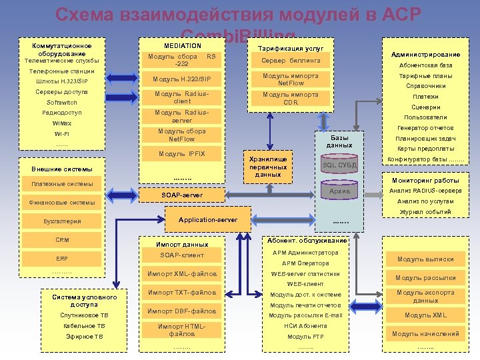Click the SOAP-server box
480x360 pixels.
coord(182,195)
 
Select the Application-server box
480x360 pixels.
coord(207,219)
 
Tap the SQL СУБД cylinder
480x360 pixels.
coord(339,165)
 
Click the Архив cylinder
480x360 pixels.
coord(339,192)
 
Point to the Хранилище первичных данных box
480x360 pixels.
coord(268,167)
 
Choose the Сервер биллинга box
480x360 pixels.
coord(291,61)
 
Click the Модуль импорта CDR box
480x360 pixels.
coord(291,99)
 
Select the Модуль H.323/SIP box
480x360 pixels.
coord(182,79)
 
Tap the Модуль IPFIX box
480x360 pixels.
coord(182,154)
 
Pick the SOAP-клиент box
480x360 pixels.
coord(182,255)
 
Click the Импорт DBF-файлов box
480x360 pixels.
coord(182,311)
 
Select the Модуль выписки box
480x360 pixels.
coord(425,259)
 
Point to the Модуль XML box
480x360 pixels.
coord(425,315)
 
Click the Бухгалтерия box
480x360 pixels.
coord(61,221)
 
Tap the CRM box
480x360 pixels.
coord(61,240)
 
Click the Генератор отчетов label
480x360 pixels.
coord(425,128)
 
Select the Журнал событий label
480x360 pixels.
coord(425,211)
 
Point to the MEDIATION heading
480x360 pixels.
coord(182,45)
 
